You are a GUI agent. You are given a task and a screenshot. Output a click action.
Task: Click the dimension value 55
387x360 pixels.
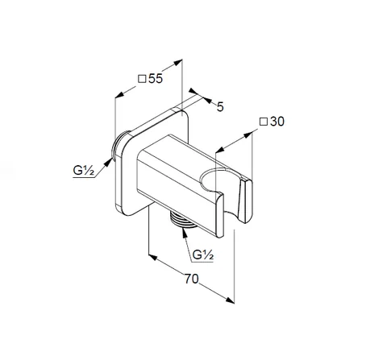(x=156, y=78)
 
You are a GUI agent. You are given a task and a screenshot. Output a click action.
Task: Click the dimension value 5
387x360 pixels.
(x=220, y=107)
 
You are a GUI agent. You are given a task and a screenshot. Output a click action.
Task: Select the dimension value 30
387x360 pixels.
(x=277, y=122)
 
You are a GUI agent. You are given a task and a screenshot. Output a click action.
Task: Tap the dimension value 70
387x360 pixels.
(x=191, y=279)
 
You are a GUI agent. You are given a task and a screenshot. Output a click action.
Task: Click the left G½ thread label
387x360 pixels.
(x=83, y=171)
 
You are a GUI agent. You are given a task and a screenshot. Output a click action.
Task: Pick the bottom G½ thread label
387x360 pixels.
(x=203, y=254)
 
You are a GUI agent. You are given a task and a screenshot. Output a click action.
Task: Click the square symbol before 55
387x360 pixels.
(x=142, y=79)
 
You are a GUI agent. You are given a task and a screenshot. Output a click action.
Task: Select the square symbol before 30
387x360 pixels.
(x=264, y=122)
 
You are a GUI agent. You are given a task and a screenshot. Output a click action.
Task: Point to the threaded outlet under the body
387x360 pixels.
(x=183, y=219)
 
